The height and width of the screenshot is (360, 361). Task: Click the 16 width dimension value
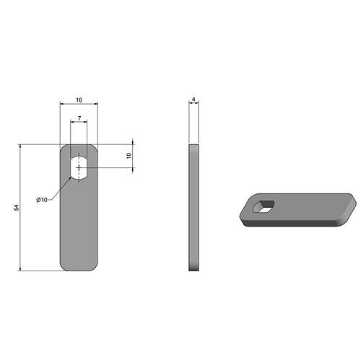point(79,100)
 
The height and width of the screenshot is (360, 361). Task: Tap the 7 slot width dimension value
point(79,118)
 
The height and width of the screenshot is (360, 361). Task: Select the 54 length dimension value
point(17,208)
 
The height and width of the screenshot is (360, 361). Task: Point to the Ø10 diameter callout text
point(42,200)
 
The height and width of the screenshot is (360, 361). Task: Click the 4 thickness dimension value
point(194,99)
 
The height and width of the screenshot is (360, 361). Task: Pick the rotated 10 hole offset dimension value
point(129,155)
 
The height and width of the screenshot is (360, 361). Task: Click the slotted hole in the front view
point(79,167)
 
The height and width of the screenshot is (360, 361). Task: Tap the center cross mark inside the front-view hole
point(79,167)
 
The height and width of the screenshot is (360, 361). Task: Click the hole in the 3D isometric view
point(263,207)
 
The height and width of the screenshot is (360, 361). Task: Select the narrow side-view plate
point(194,208)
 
